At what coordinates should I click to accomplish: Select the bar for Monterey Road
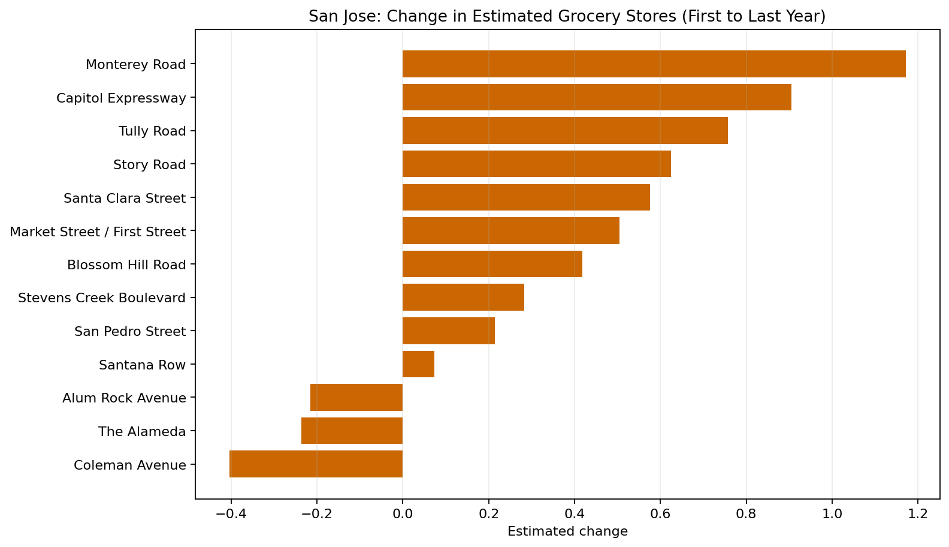pos(654,64)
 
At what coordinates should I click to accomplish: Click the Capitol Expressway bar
pos(597,98)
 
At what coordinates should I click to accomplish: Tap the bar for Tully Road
pos(565,131)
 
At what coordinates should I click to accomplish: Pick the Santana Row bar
pos(418,364)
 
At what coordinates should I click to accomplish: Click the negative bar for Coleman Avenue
pos(316,464)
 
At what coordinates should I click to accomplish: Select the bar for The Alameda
pos(352,431)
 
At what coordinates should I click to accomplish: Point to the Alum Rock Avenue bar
pos(356,397)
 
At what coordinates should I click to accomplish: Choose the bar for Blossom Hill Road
pos(492,264)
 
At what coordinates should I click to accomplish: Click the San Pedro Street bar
pos(448,331)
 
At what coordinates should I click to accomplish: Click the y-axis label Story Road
pos(149,164)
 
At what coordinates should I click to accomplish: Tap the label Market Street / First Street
pos(98,232)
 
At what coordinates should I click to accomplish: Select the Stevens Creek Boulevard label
pos(102,298)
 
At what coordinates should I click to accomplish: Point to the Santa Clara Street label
pos(125,198)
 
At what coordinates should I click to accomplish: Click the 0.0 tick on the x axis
pos(403,514)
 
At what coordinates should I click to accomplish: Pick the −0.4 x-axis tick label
pos(230,514)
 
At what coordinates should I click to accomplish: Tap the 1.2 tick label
pos(918,514)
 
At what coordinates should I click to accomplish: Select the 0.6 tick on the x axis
pos(660,514)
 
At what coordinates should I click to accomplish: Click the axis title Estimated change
pos(567,531)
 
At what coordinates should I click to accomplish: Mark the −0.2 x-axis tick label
pos(316,514)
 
